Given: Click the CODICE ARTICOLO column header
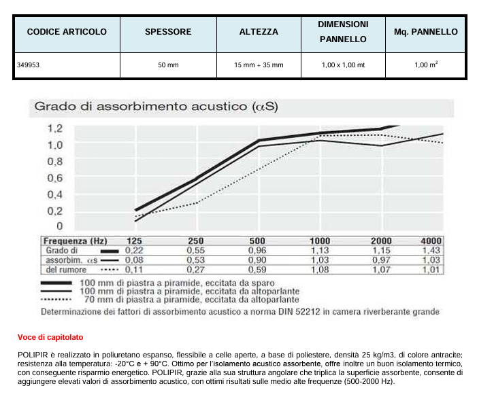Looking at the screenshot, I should click(67, 32).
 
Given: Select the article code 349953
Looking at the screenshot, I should click(28, 66).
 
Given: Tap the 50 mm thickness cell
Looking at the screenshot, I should click(168, 66).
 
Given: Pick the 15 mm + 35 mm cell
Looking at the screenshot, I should click(259, 66).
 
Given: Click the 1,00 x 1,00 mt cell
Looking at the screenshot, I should click(343, 66).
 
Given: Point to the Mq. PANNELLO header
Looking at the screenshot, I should click(426, 32).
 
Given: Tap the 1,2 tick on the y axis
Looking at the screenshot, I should click(55, 128).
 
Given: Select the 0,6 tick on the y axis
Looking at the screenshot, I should click(55, 178).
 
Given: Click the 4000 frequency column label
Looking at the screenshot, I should click(431, 241).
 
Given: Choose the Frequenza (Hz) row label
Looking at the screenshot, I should click(76, 241).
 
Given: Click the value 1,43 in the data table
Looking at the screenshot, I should click(431, 250).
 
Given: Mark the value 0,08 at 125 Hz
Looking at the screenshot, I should click(134, 260).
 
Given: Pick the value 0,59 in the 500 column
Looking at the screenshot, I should click(257, 269).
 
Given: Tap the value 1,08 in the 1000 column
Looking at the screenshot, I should click(320, 269).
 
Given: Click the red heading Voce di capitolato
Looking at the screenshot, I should click(46, 337).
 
